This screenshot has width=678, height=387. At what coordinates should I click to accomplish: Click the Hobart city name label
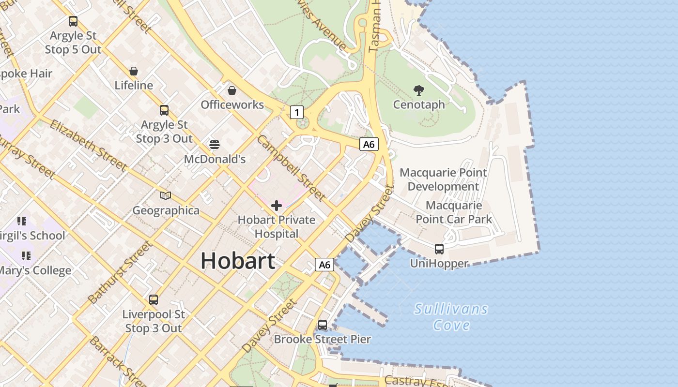[238, 261]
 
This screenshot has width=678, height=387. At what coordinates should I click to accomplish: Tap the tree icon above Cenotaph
[419, 90]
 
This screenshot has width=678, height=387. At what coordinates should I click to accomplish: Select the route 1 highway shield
[297, 113]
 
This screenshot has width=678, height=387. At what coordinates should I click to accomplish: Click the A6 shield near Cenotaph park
[369, 144]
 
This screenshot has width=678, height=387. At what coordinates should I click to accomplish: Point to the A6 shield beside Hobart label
[324, 265]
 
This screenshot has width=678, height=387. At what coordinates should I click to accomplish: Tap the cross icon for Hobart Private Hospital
[277, 206]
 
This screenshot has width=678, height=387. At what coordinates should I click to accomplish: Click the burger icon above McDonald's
[215, 145]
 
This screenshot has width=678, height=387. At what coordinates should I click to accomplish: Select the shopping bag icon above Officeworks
[232, 90]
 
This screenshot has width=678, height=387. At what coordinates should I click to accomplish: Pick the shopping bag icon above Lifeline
[134, 71]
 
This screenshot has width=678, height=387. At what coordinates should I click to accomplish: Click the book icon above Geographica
[166, 196]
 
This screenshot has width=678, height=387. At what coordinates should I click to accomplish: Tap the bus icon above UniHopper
[439, 249]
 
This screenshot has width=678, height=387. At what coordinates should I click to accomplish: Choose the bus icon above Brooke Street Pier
[323, 325]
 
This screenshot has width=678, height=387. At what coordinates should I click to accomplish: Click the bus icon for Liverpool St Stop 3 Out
[154, 300]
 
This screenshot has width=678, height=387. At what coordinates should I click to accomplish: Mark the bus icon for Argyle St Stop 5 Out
[73, 21]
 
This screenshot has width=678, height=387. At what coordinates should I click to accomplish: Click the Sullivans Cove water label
[451, 317]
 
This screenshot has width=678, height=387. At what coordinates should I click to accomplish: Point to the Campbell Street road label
[291, 168]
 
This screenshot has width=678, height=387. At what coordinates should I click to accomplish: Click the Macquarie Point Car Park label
[454, 212]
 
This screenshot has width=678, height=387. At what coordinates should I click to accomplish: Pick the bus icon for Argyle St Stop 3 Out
[164, 110]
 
